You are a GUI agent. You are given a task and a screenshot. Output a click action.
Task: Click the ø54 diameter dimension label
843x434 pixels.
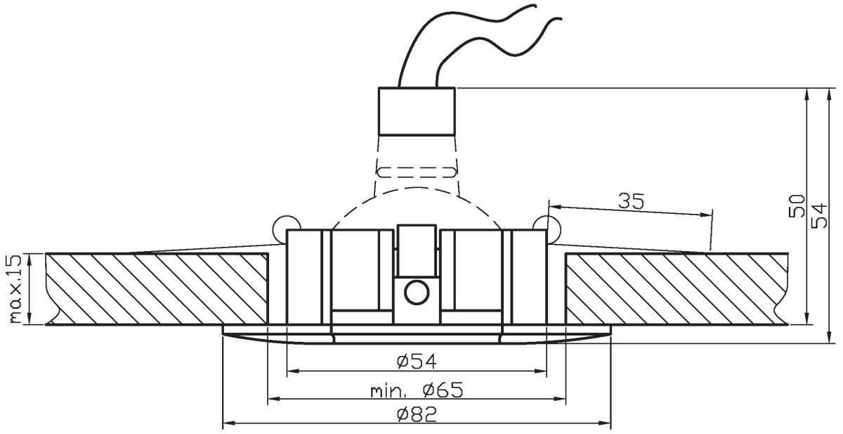click(x=417, y=362)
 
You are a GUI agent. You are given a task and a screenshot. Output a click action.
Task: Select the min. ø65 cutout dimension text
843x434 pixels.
click(x=417, y=390)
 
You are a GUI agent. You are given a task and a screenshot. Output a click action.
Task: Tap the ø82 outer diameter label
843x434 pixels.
click(x=417, y=414)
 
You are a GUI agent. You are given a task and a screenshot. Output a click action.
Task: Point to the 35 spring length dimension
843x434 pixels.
click(x=631, y=200)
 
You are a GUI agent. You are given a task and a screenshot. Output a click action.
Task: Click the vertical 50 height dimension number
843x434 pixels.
click(x=797, y=206)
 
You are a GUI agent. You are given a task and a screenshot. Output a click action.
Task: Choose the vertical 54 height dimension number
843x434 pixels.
click(x=819, y=215)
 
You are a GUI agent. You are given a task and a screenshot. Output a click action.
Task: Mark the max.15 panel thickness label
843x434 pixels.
click(x=15, y=288)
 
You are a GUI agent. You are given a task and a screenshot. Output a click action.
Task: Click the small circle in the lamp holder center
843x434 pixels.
click(x=417, y=293)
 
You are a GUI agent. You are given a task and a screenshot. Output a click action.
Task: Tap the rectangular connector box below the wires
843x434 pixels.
click(x=417, y=111)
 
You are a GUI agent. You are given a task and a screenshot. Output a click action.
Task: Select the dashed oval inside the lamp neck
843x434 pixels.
click(x=417, y=172)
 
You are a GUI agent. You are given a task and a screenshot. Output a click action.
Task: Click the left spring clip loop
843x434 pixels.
click(x=280, y=225)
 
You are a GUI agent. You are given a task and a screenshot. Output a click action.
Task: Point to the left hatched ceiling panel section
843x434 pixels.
click(x=157, y=288)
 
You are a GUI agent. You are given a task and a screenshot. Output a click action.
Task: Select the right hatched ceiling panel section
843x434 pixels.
click(x=677, y=288)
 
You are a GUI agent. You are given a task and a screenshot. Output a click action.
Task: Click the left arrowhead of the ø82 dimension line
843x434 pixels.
click(x=229, y=423)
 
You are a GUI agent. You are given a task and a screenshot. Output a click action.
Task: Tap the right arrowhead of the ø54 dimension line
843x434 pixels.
click(x=540, y=371)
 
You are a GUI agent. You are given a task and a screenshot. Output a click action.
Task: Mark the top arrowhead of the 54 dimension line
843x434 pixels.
click(x=830, y=95)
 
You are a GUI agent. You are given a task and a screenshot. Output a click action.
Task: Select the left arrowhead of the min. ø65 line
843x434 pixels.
click(x=274, y=398)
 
